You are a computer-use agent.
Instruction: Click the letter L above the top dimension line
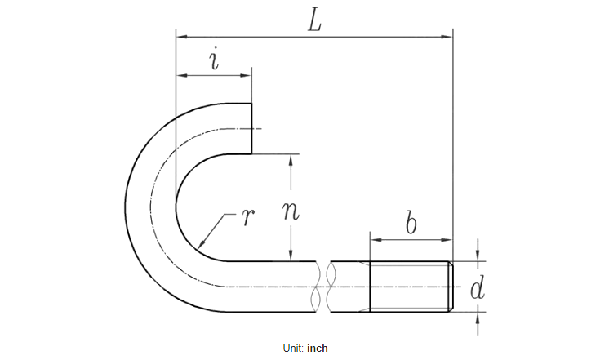point(314,21)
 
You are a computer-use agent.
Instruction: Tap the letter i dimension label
point(214,60)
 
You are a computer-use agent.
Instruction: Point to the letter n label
point(291,211)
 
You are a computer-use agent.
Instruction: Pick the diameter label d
point(478,287)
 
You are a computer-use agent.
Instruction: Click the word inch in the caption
point(318,349)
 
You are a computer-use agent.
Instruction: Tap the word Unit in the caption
point(292,349)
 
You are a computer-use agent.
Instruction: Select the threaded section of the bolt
point(410,286)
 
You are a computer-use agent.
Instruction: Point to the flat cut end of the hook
point(251,128)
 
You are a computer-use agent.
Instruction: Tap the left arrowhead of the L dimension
point(181,36)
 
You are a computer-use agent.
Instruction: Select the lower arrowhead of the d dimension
point(478,317)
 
